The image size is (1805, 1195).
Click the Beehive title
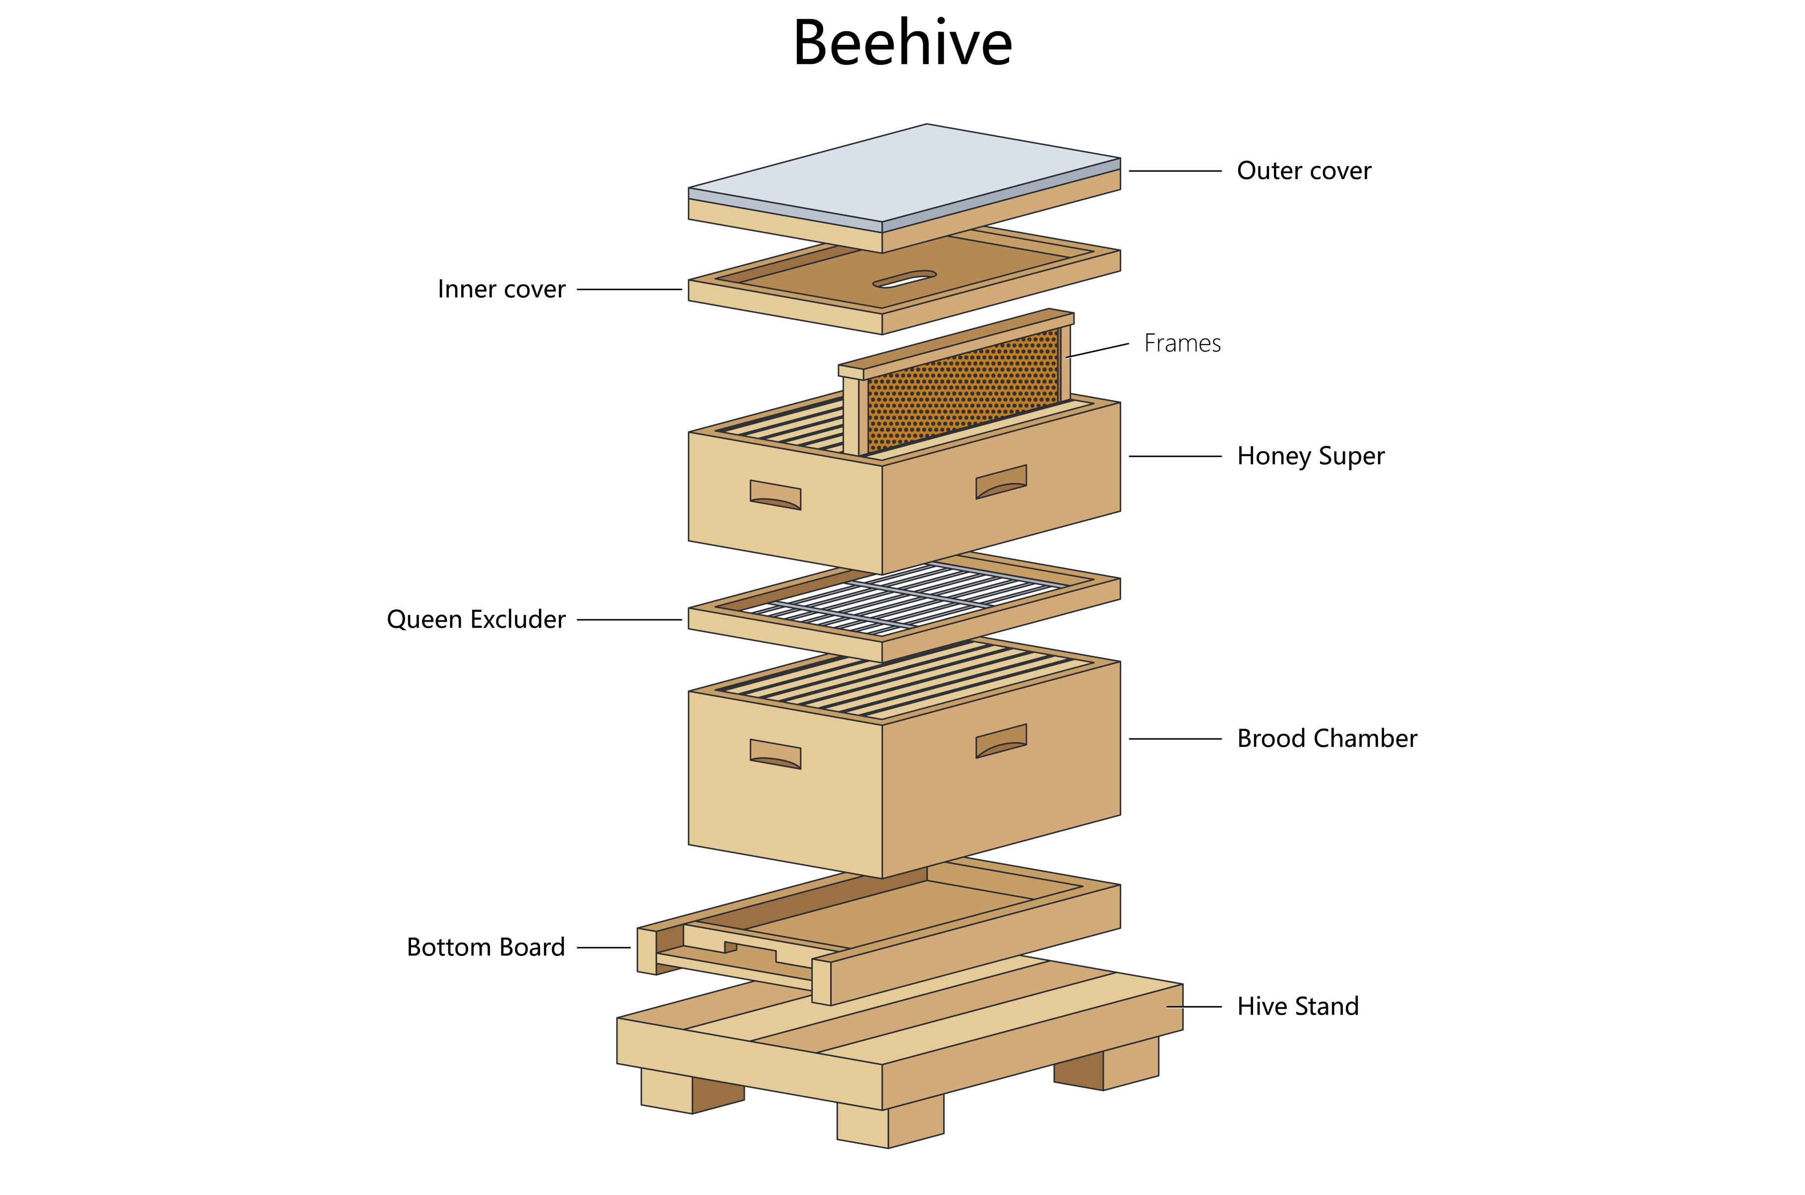click(x=902, y=44)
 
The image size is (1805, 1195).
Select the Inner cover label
click(x=501, y=290)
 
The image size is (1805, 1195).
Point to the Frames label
click(x=1182, y=344)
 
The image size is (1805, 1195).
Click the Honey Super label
click(x=1310, y=456)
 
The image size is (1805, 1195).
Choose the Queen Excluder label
click(x=476, y=620)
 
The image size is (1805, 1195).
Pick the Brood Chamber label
click(x=1326, y=738)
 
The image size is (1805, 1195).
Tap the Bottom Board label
click(x=485, y=947)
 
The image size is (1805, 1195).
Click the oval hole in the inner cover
click(x=904, y=279)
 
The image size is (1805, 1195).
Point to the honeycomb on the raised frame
click(x=963, y=390)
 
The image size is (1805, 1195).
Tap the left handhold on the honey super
click(x=775, y=495)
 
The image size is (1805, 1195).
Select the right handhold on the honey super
click(x=1000, y=481)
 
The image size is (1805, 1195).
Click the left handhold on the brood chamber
click(x=775, y=755)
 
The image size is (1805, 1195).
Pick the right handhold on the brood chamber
click(x=1000, y=741)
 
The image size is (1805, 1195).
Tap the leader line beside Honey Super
click(x=1175, y=457)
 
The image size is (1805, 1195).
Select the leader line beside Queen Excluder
click(x=629, y=620)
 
